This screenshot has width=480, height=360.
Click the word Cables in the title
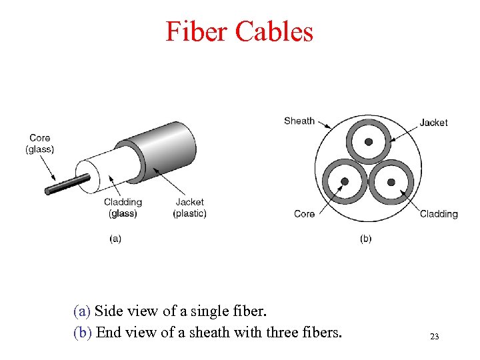273,31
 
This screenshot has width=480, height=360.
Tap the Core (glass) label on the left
40,143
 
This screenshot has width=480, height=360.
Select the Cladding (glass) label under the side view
123,207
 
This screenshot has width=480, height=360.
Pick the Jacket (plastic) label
189,207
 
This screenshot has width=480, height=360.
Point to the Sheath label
299,121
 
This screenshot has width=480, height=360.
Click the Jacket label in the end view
433,123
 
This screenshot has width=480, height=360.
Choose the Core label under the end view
304,214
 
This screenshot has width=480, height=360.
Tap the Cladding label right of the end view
439,214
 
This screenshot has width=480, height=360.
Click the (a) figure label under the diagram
115,238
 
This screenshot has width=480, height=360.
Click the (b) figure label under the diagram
365,238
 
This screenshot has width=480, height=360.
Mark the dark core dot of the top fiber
368,141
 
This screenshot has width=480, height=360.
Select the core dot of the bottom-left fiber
345,181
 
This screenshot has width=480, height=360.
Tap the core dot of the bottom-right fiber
391,181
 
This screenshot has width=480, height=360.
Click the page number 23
434,337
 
